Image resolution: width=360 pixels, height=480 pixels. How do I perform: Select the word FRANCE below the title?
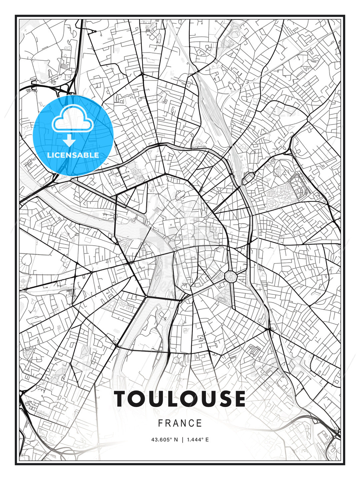(x=180, y=423)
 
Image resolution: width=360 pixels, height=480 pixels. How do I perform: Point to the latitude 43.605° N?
(x=163, y=440)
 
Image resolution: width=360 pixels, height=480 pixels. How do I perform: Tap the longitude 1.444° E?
(x=198, y=440)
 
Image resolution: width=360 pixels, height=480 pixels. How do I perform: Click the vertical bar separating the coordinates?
(x=182, y=440)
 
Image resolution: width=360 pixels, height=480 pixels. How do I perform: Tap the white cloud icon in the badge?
(x=72, y=119)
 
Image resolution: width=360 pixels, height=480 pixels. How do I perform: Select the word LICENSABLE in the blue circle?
(x=73, y=155)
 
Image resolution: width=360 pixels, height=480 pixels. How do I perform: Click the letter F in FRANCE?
(x=160, y=423)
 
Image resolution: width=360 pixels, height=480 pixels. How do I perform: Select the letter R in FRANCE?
(x=168, y=423)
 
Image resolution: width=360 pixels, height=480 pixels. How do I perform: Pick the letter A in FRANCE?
(x=176, y=423)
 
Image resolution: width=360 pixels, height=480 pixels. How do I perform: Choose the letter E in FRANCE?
(x=199, y=423)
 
